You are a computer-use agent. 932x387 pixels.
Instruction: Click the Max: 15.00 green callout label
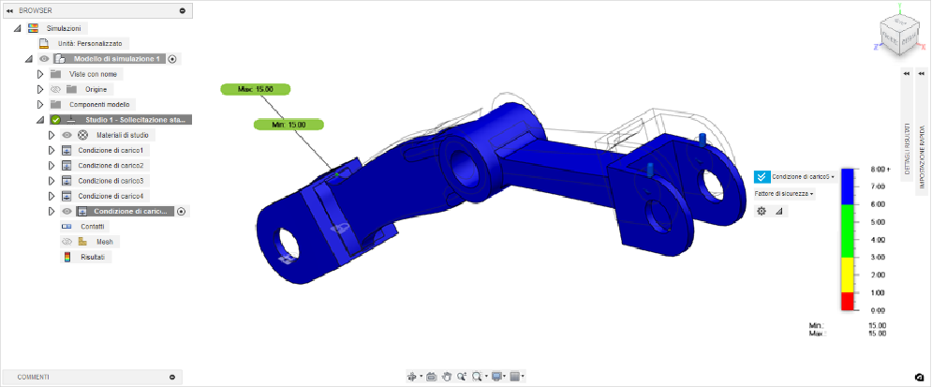click(x=256, y=89)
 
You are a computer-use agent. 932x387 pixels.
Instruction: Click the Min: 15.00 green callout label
click(x=289, y=124)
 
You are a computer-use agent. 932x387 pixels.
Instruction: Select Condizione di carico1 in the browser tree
click(x=111, y=151)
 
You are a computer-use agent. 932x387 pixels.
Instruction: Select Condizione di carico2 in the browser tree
click(x=111, y=166)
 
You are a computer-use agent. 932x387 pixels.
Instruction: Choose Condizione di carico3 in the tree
click(x=111, y=181)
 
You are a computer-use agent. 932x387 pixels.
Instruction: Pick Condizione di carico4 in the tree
click(x=111, y=196)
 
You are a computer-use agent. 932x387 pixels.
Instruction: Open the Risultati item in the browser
click(x=92, y=257)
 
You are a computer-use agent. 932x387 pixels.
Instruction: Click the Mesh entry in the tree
click(x=105, y=242)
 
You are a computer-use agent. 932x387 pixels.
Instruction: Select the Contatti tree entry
click(x=93, y=227)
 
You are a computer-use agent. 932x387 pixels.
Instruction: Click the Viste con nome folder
click(x=96, y=74)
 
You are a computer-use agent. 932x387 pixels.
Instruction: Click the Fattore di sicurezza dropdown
click(x=783, y=193)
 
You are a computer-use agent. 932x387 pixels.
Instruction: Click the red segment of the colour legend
click(x=848, y=301)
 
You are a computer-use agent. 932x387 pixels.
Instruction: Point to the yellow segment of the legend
click(x=848, y=275)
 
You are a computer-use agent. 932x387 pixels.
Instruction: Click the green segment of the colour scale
click(x=848, y=231)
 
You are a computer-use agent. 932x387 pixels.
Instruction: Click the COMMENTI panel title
click(x=34, y=377)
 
